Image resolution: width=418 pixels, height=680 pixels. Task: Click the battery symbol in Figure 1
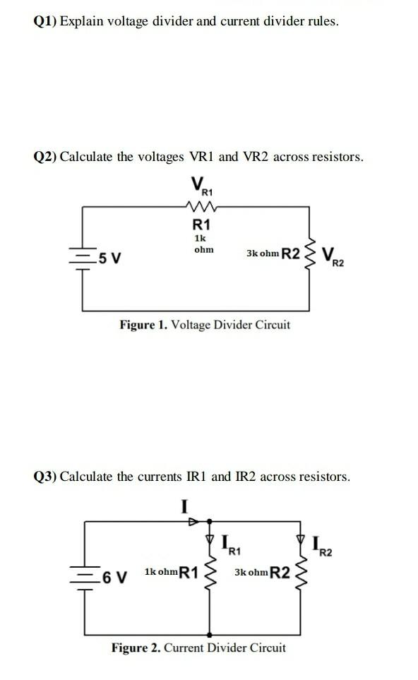84,257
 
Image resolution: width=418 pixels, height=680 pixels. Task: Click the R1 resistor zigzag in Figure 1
202,207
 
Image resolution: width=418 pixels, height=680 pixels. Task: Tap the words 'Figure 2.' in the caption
136,648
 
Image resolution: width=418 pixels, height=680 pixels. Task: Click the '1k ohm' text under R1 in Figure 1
203,244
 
